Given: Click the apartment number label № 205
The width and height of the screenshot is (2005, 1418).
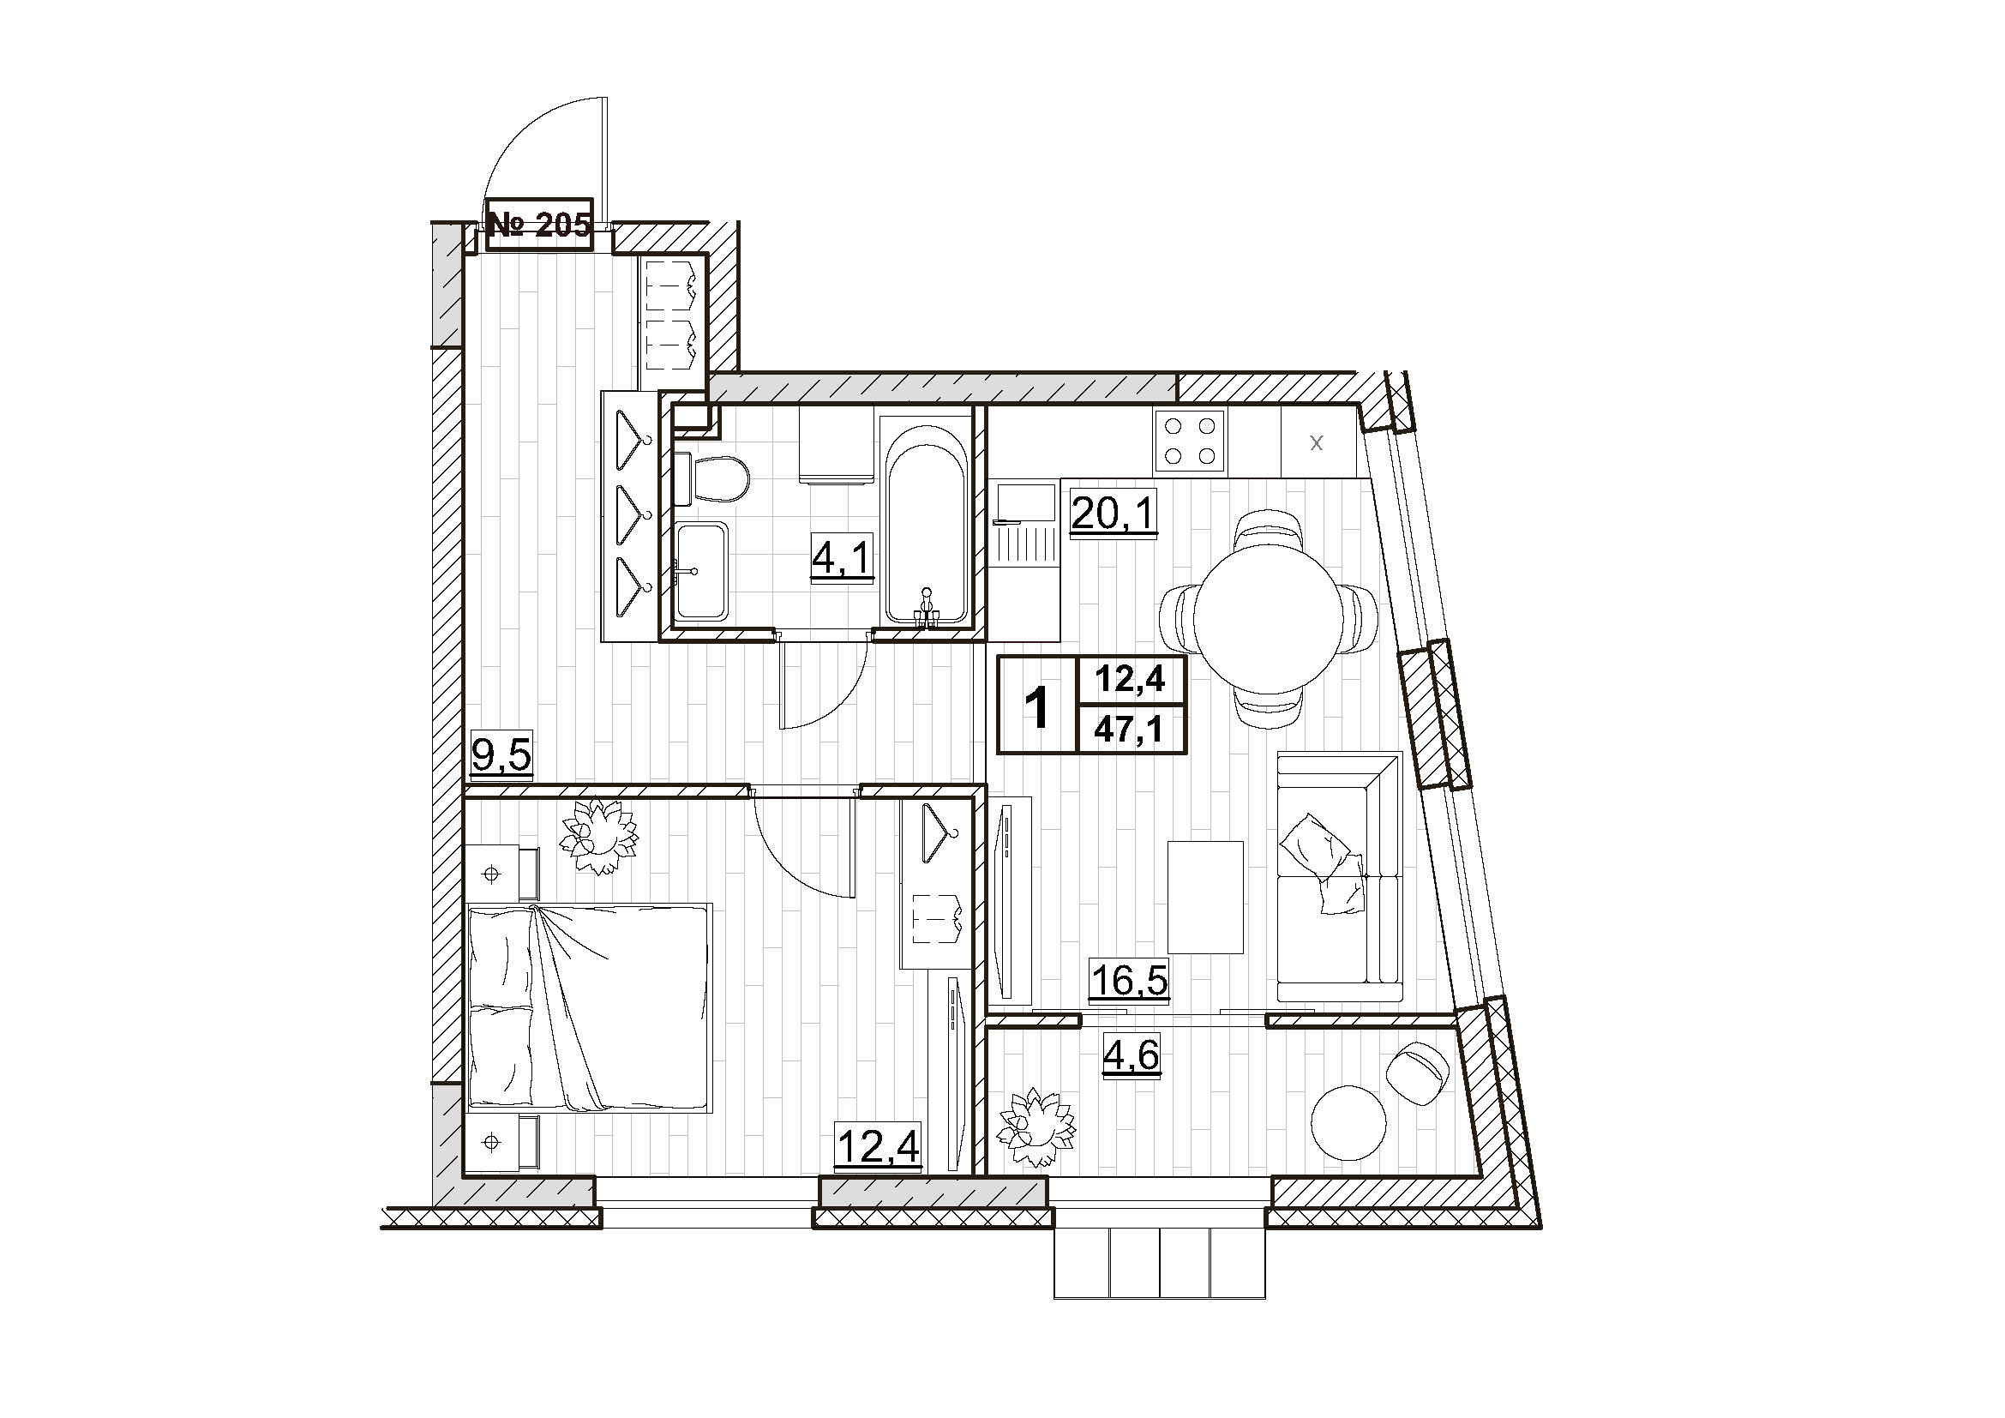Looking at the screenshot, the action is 540,226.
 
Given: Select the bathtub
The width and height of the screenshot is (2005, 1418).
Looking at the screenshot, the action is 926,520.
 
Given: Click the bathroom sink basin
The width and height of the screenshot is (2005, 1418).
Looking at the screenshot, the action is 701,572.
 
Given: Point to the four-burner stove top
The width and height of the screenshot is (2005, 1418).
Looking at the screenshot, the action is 1188,442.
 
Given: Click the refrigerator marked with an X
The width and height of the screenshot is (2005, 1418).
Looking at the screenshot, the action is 1317,442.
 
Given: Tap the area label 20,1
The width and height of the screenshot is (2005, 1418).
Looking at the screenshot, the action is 1114,515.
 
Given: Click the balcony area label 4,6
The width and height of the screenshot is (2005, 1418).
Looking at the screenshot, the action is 1131,1059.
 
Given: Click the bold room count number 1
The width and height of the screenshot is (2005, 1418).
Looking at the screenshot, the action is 1036,706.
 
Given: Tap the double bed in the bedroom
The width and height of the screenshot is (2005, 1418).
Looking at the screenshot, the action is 591,1007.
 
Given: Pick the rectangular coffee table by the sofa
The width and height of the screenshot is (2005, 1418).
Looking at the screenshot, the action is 1205,897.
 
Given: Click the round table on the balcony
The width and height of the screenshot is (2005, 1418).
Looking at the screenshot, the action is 1348,1122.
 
